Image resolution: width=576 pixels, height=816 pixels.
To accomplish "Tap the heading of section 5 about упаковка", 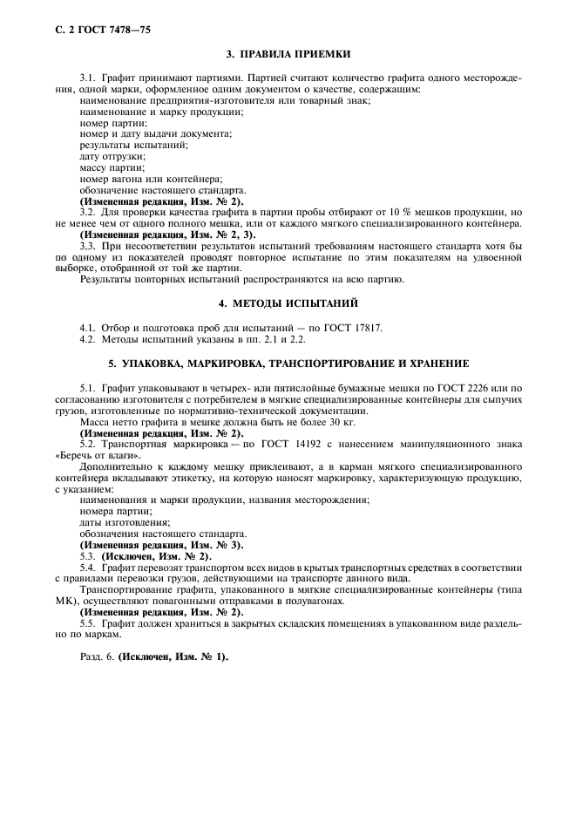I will pyautogui.click(x=288, y=362).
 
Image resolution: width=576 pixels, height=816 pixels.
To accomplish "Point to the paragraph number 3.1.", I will pyautogui.click(x=87, y=78).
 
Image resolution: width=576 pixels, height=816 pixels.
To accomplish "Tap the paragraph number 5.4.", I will pyautogui.click(x=87, y=567).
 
